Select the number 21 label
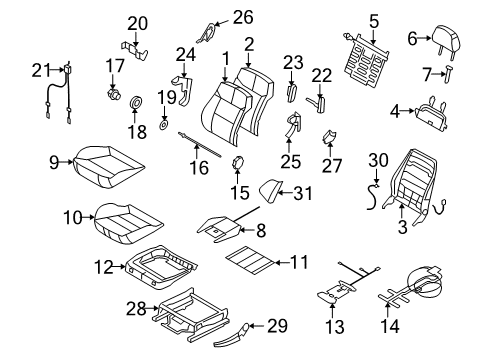click(40, 69)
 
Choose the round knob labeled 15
click(237, 164)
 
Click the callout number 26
click(243, 16)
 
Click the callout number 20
click(137, 23)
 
